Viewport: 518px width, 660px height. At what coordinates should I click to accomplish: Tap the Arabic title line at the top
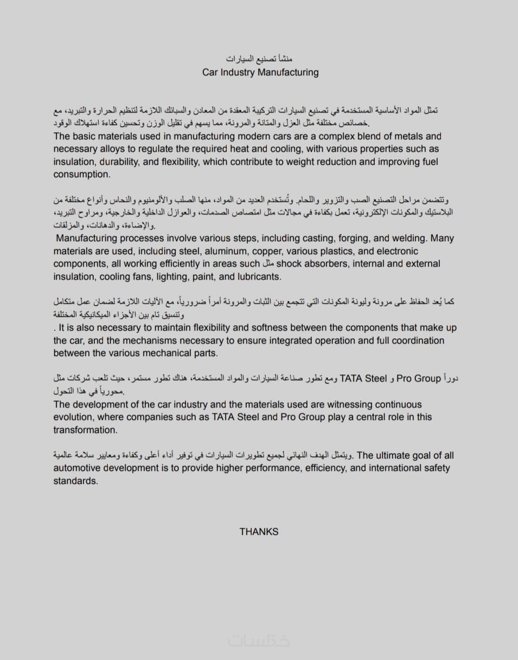pyautogui.click(x=259, y=58)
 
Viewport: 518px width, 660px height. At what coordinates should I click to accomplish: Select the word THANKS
pyautogui.click(x=259, y=532)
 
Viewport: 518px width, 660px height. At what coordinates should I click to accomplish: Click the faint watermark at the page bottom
pyautogui.click(x=259, y=640)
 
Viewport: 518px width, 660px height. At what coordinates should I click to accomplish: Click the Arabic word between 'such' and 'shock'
pyautogui.click(x=267, y=264)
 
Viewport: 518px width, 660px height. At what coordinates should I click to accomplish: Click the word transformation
pyautogui.click(x=85, y=430)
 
